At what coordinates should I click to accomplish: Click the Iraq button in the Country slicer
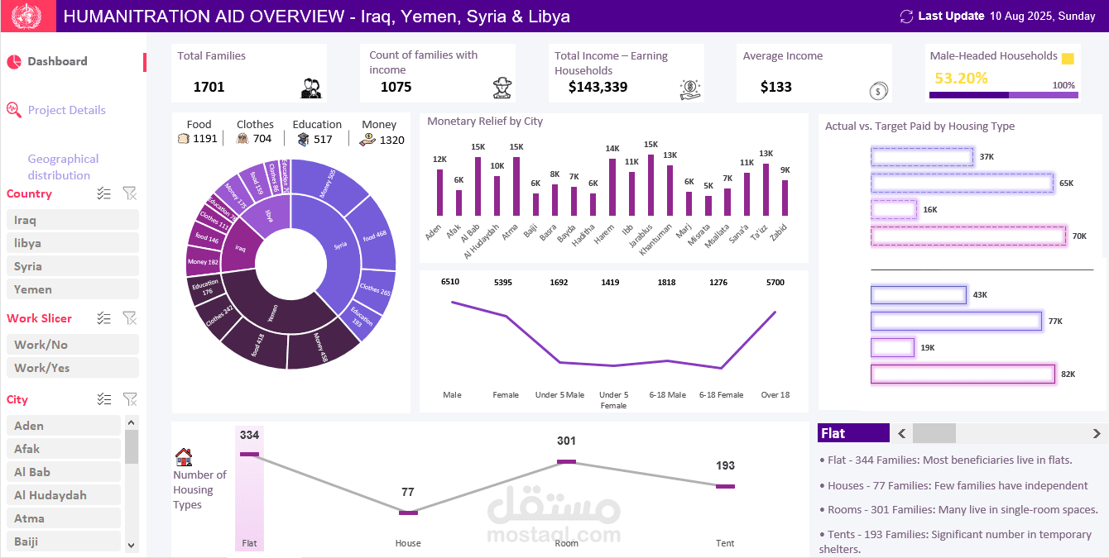tap(72, 220)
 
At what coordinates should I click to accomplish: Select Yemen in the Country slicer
tap(72, 289)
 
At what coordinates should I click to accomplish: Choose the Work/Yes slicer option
tap(72, 368)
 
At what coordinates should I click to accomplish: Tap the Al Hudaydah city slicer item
tap(63, 495)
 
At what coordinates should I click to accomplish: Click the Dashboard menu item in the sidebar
tap(57, 61)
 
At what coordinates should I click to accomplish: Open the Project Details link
tap(66, 110)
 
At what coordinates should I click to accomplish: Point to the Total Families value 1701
tap(209, 87)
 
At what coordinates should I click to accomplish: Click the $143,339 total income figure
tap(598, 87)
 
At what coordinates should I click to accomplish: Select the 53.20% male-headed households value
tap(961, 79)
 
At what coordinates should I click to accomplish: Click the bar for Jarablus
tap(651, 185)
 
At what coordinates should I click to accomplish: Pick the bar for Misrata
tap(708, 205)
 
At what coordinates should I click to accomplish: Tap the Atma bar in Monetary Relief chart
tap(516, 186)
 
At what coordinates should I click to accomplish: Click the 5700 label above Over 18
tap(775, 282)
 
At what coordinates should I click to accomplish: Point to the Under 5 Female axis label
tap(613, 400)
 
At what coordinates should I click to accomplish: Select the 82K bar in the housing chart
tap(963, 374)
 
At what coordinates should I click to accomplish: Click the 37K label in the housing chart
tap(986, 157)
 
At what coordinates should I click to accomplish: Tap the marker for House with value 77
tap(408, 513)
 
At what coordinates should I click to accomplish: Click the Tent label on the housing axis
tap(724, 543)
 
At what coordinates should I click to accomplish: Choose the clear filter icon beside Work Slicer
tap(129, 318)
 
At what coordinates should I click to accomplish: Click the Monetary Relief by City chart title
tap(485, 122)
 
